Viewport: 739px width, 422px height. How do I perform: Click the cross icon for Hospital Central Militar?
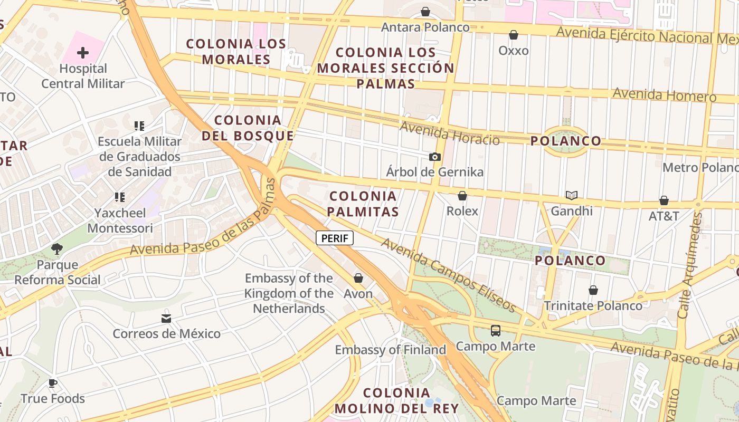(x=83, y=53)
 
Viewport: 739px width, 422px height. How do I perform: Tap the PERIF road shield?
(x=335, y=238)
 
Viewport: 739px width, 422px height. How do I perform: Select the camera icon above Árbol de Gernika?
(x=434, y=157)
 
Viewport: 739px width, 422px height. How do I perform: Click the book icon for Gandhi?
(x=572, y=196)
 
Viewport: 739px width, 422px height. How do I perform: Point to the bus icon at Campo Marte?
(x=495, y=331)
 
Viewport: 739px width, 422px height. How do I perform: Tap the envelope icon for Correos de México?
(x=166, y=318)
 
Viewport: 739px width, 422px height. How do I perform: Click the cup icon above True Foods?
(x=52, y=383)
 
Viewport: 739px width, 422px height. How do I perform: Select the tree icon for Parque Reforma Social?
(x=57, y=249)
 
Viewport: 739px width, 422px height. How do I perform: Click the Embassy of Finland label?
(x=391, y=350)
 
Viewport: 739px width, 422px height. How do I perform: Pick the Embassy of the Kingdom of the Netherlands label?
(x=289, y=293)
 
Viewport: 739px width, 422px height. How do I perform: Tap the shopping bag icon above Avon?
(x=358, y=278)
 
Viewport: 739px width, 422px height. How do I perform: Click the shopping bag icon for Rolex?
(x=462, y=196)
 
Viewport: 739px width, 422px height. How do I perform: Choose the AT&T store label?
(x=664, y=216)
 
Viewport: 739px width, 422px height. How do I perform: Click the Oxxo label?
(x=514, y=51)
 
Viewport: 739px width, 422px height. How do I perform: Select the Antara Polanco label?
(x=425, y=27)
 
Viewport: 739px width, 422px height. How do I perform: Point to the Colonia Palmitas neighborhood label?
(x=363, y=204)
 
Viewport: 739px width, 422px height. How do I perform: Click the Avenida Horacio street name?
(x=449, y=133)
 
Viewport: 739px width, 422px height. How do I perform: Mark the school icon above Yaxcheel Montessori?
(x=120, y=197)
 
